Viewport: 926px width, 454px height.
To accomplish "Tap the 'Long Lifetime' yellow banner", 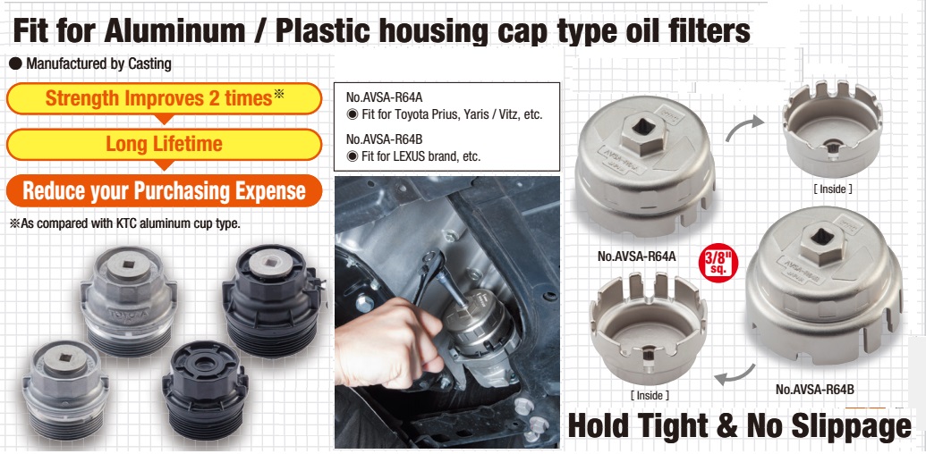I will (164, 144).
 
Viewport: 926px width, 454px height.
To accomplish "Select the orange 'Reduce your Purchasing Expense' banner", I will (164, 190).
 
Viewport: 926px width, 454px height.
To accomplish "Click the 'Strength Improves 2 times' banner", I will (164, 98).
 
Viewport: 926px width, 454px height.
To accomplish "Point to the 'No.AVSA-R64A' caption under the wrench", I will (636, 256).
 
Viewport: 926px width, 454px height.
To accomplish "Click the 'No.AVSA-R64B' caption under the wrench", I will (815, 390).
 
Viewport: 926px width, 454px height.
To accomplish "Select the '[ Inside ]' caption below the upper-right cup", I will (832, 189).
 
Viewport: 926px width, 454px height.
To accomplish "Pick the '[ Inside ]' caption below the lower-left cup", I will (650, 394).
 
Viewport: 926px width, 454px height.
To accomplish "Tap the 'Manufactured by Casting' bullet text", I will (98, 64).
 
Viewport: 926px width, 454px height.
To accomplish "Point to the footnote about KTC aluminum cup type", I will (125, 223).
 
